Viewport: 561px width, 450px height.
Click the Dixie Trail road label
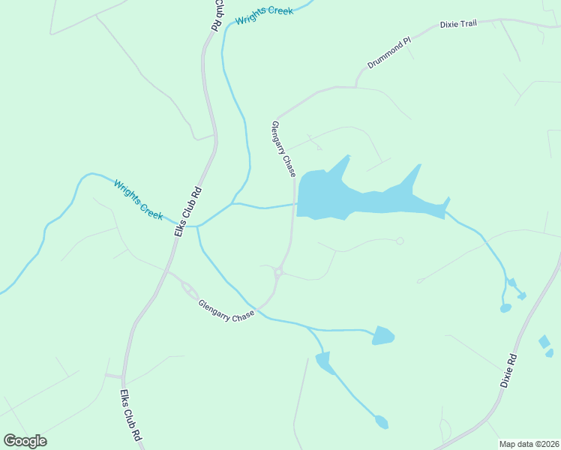pos(457,24)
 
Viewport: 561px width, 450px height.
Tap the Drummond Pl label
pos(389,54)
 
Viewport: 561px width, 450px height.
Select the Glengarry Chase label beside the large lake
pos(283,149)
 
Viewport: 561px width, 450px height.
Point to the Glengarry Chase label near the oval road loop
pos(226,311)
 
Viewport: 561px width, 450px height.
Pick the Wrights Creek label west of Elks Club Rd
pos(138,199)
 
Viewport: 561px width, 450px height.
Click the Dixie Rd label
pos(509,370)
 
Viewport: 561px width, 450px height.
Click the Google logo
pos(25,441)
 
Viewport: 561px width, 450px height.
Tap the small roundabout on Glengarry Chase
pos(278,274)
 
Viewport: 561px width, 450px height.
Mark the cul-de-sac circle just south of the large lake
pos(400,241)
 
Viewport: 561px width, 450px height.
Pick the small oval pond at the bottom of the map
pos(382,422)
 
